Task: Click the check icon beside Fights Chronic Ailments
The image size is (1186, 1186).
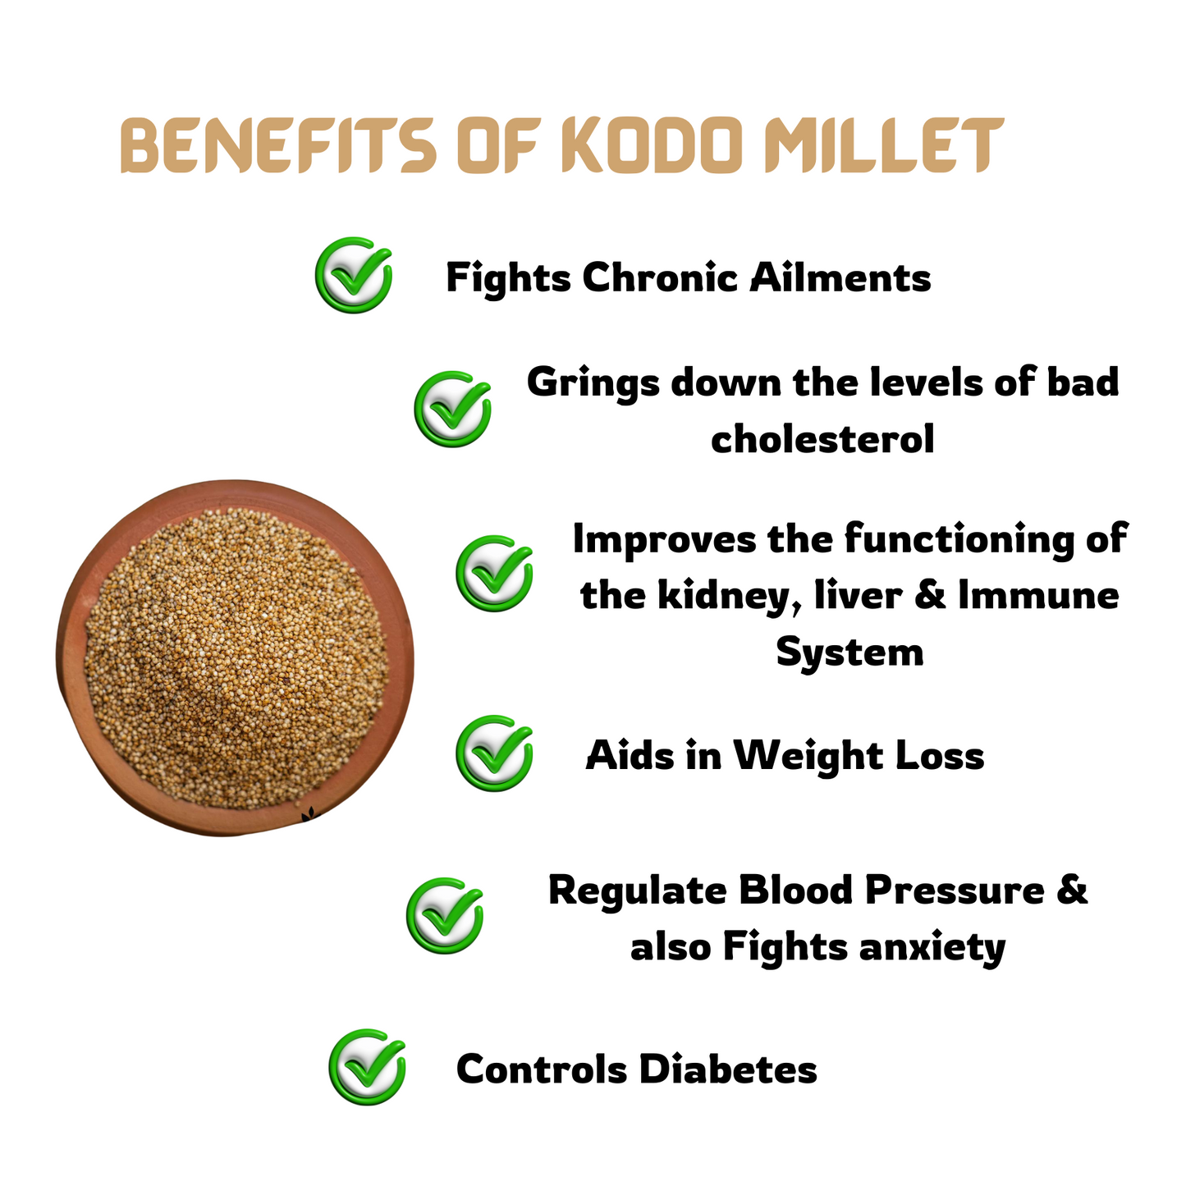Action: (x=353, y=274)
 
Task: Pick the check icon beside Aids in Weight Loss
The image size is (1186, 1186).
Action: (x=493, y=753)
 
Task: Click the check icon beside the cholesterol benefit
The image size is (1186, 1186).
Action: (x=452, y=409)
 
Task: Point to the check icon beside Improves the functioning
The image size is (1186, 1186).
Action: (x=493, y=573)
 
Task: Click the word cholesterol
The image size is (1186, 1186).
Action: (x=822, y=439)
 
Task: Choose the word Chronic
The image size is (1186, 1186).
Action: (x=660, y=277)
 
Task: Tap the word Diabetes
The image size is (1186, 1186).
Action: (x=728, y=1069)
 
